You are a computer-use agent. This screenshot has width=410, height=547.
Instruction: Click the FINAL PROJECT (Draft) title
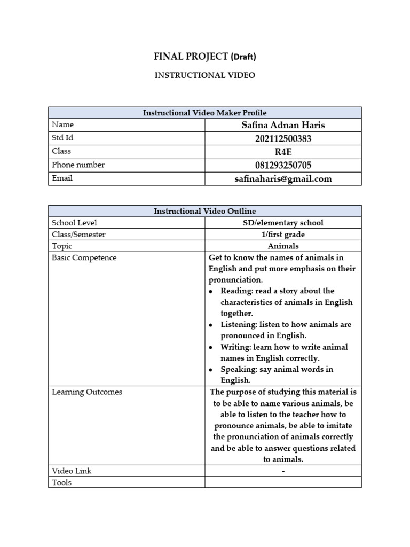point(204,56)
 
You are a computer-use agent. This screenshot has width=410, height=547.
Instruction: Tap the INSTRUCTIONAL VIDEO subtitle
point(204,75)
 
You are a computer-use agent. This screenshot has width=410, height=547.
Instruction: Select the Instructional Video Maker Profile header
point(204,113)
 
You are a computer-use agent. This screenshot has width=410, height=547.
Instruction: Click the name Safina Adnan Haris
point(283,126)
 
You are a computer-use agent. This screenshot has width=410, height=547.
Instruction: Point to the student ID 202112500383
point(283,139)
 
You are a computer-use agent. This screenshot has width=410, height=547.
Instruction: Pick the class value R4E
point(283,152)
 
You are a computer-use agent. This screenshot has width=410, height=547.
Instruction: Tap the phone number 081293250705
point(283,165)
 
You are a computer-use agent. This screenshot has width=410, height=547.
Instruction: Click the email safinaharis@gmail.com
point(283,179)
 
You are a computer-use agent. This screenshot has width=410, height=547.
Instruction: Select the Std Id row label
point(62,138)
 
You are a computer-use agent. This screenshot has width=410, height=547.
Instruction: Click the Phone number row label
point(78,165)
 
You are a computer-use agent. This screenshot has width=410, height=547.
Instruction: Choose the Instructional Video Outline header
point(204,211)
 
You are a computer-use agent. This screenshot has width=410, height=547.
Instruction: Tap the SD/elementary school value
point(283,223)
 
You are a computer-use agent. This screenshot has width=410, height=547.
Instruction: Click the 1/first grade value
point(283,235)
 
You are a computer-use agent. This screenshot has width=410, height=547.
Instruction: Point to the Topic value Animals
point(283,246)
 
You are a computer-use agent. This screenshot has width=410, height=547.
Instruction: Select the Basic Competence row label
point(84,257)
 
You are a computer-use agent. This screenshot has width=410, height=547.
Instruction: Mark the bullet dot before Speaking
point(211,370)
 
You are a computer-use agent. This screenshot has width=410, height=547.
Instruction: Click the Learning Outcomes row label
point(86,392)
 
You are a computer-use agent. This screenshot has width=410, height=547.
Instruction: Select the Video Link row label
point(72,471)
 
